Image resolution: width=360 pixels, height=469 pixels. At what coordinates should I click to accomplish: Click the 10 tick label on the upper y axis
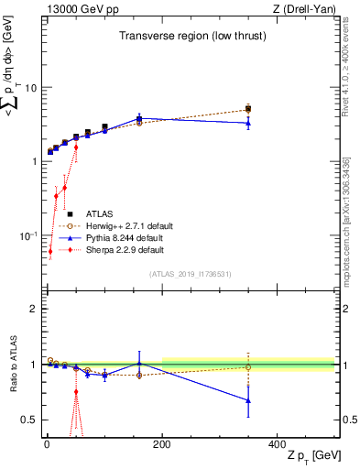[29, 88]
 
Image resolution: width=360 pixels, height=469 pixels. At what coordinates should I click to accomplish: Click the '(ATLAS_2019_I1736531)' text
[190, 273]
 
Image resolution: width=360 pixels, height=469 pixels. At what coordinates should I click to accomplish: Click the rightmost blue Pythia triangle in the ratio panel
[248, 400]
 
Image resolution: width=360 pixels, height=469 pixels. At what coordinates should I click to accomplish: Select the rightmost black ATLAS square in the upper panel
[248, 108]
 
